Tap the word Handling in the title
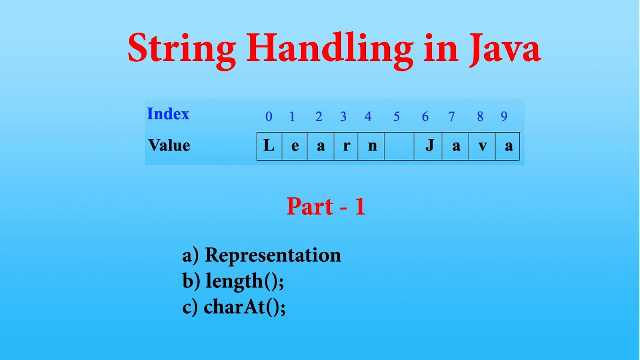pos(330,50)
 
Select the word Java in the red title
pos(505,48)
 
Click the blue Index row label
pos(168,114)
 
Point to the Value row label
pos(169,145)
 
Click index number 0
pos(269,116)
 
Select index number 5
pos(396,116)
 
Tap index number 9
pos(504,116)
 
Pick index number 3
pos(343,116)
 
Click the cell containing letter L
pos(269,146)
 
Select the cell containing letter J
pos(428,146)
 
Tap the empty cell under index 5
pos(399,146)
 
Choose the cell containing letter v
pos(482,146)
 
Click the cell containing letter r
pos(346,146)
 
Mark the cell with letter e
pos(295,146)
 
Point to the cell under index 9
pos(507,146)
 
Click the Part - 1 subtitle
pos(326,206)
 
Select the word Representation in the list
pos(273,255)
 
